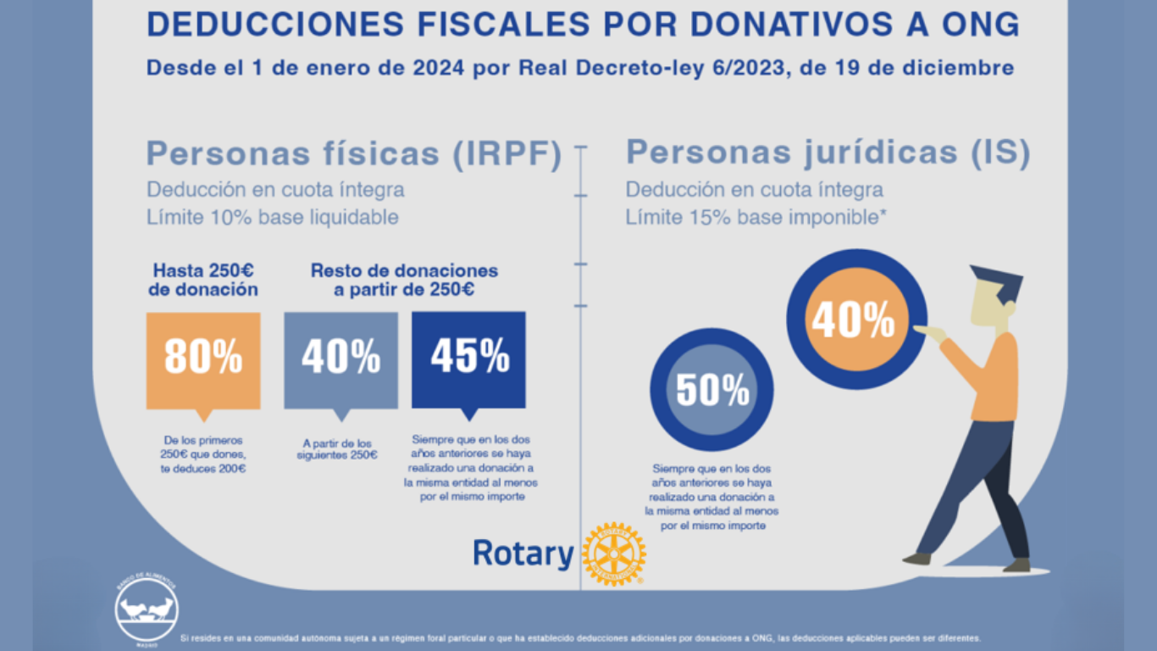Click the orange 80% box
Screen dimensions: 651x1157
(x=203, y=359)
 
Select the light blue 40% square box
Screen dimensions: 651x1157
(x=340, y=359)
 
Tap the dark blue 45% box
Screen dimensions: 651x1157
(x=468, y=359)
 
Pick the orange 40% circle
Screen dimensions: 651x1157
(x=854, y=320)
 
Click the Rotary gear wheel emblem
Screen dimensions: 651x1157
(x=614, y=554)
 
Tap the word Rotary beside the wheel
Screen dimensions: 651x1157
(x=523, y=554)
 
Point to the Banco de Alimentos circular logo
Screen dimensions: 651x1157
(x=147, y=609)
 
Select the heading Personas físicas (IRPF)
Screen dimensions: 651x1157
(x=354, y=154)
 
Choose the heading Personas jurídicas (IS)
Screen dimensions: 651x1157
(x=828, y=153)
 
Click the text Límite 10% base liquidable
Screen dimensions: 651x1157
(x=272, y=217)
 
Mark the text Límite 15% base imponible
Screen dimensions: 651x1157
(x=756, y=217)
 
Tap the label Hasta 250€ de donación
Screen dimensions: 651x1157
(x=204, y=280)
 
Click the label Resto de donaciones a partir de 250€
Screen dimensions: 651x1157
(x=404, y=280)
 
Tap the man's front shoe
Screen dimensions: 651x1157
(x=917, y=559)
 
